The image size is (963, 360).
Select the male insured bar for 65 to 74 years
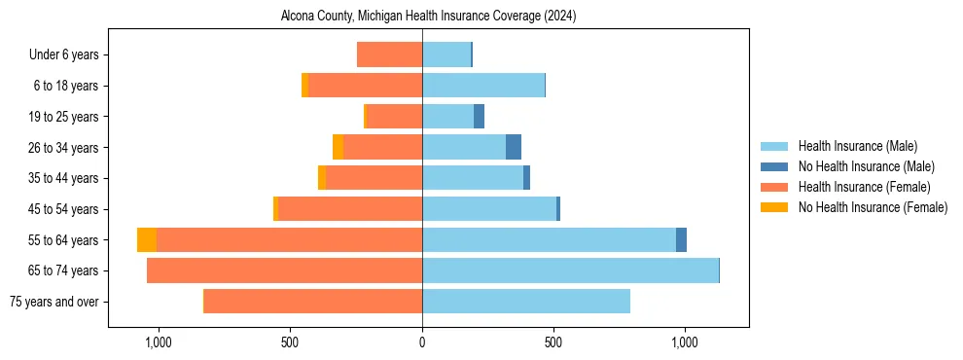click(x=570, y=270)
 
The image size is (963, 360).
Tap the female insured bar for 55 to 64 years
click(x=289, y=239)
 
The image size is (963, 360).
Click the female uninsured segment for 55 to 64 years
click(x=147, y=239)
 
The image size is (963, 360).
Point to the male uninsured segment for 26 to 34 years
click(x=514, y=147)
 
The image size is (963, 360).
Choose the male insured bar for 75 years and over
click(x=526, y=302)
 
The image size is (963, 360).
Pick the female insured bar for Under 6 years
click(x=389, y=54)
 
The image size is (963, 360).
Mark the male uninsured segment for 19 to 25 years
click(x=479, y=117)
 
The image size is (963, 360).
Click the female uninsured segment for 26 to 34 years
click(x=338, y=147)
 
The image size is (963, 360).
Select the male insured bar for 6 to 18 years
click(x=483, y=86)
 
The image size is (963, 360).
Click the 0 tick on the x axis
click(x=422, y=342)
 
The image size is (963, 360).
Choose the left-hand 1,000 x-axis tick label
click(x=159, y=342)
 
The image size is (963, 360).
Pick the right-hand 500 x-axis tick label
click(x=553, y=342)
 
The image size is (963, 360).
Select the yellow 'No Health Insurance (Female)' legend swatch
click(x=774, y=207)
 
